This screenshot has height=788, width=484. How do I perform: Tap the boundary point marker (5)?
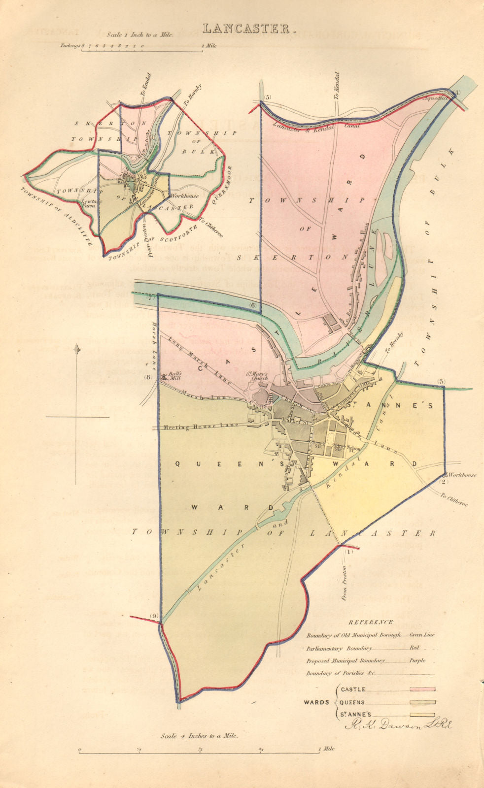[x=268, y=97]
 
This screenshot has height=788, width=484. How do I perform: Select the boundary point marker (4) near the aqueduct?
[x=456, y=92]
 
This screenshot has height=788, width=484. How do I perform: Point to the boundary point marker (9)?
[x=154, y=616]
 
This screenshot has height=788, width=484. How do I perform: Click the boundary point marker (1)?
[x=349, y=552]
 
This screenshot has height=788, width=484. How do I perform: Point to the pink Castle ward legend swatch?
[x=419, y=689]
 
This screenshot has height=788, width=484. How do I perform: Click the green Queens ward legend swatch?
[x=419, y=702]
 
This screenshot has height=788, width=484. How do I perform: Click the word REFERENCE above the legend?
[x=370, y=622]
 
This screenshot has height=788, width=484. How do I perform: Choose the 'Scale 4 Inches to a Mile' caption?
[x=200, y=736]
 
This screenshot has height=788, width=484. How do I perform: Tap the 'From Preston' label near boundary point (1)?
[x=344, y=583]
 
